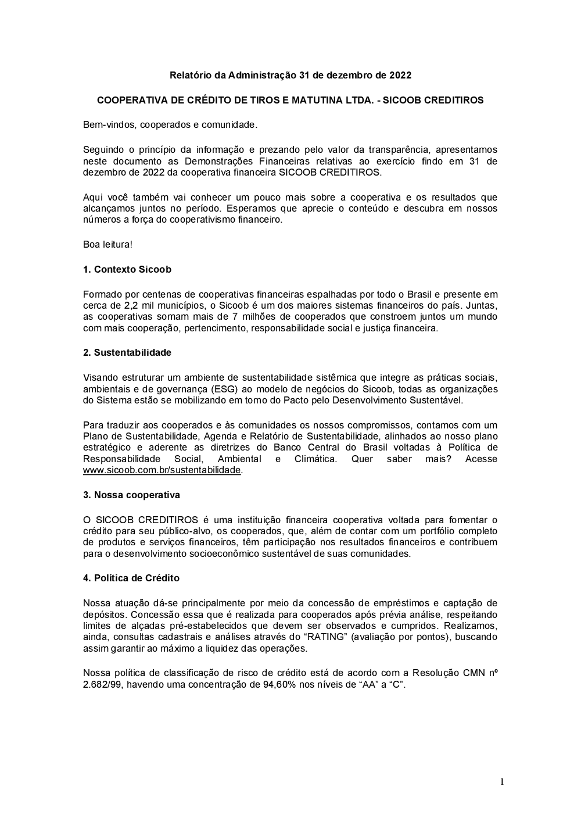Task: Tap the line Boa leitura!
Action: [107, 245]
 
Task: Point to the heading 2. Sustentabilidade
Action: [127, 353]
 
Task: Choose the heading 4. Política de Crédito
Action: [131, 578]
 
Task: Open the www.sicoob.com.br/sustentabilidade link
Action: [162, 470]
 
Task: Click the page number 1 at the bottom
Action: [502, 782]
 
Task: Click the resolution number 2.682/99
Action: [102, 685]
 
